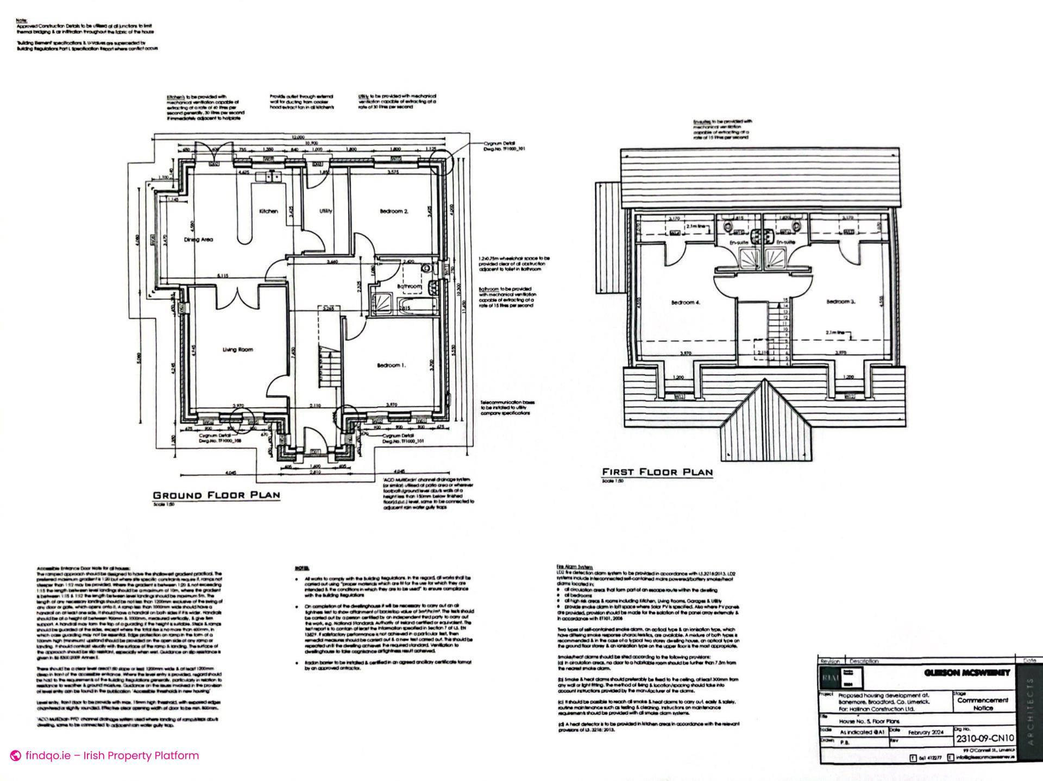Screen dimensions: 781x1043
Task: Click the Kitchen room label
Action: [268, 211]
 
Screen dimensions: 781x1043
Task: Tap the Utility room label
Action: [325, 211]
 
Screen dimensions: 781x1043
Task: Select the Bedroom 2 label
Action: [394, 211]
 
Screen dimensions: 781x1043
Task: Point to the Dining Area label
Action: [198, 240]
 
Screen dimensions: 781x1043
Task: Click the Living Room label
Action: [237, 350]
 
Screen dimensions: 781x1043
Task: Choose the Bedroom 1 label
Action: [391, 366]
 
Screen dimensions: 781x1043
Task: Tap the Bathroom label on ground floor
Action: [410, 286]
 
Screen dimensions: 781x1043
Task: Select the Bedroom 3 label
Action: [841, 301]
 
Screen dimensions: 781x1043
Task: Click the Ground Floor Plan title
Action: [216, 495]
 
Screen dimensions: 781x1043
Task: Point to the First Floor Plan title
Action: [657, 472]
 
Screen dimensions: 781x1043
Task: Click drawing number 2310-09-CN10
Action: [984, 739]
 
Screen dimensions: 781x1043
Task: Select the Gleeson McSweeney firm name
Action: [966, 673]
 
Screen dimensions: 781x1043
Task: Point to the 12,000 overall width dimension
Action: [298, 137]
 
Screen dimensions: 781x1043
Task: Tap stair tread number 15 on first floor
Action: [784, 300]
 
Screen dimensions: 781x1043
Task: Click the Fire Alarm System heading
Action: [574, 566]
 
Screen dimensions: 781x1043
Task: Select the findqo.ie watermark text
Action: [111, 755]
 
